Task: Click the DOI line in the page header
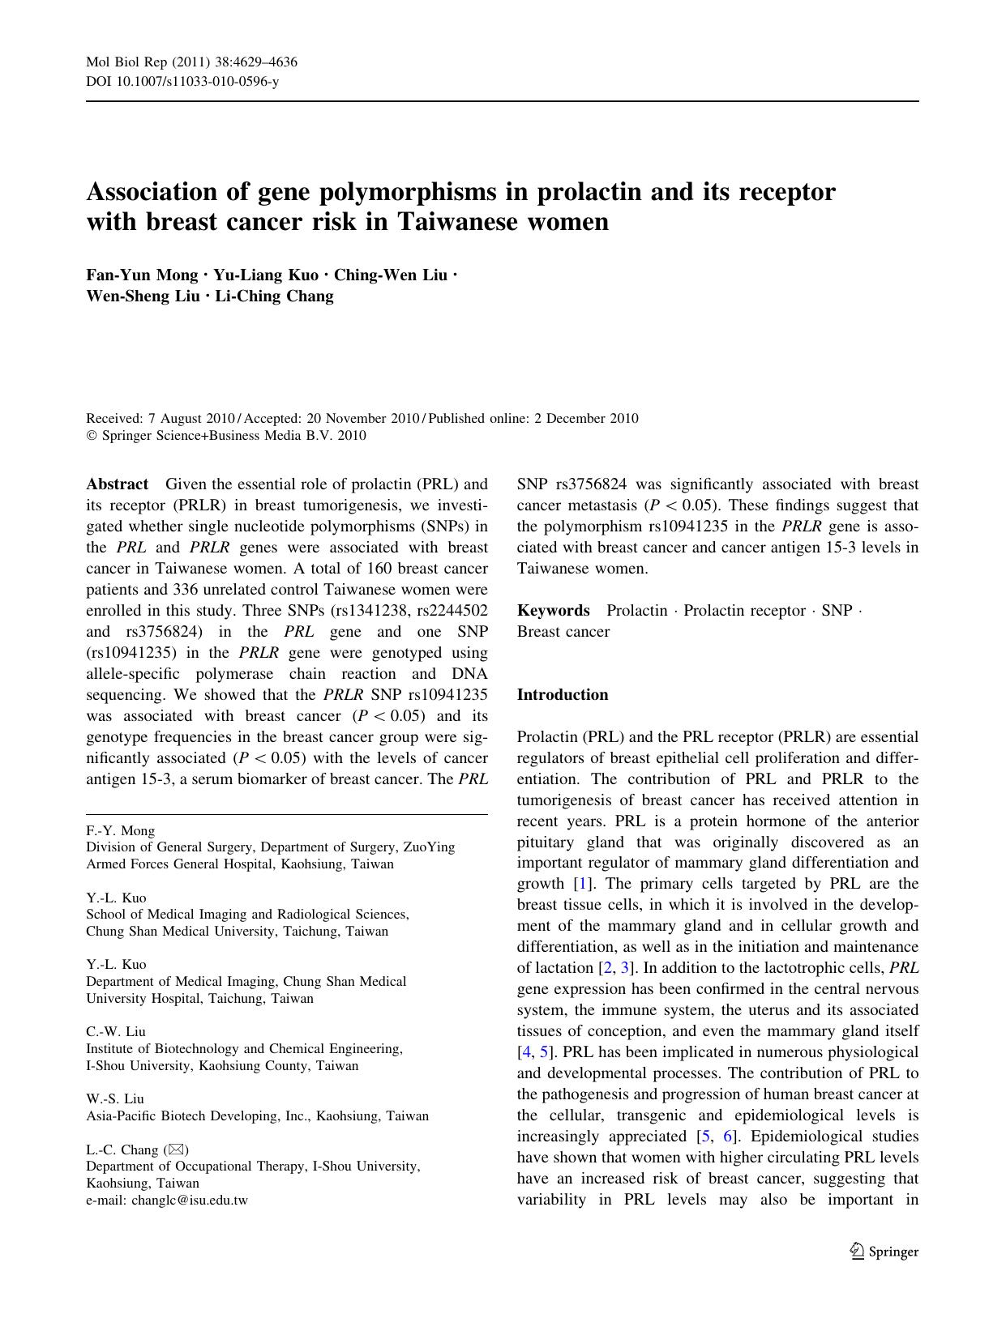pyautogui.click(x=182, y=83)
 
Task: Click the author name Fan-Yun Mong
pyautogui.click(x=142, y=275)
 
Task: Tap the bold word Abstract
pyautogui.click(x=118, y=484)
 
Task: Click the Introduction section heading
pyautogui.click(x=563, y=695)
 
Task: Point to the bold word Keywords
pyautogui.click(x=554, y=611)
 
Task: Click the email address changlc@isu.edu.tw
pyautogui.click(x=189, y=1201)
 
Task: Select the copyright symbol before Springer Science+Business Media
pyautogui.click(x=91, y=436)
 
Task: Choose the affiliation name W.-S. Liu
pyautogui.click(x=115, y=1099)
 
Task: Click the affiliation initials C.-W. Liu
pyautogui.click(x=116, y=1032)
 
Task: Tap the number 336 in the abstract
pyautogui.click(x=186, y=590)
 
